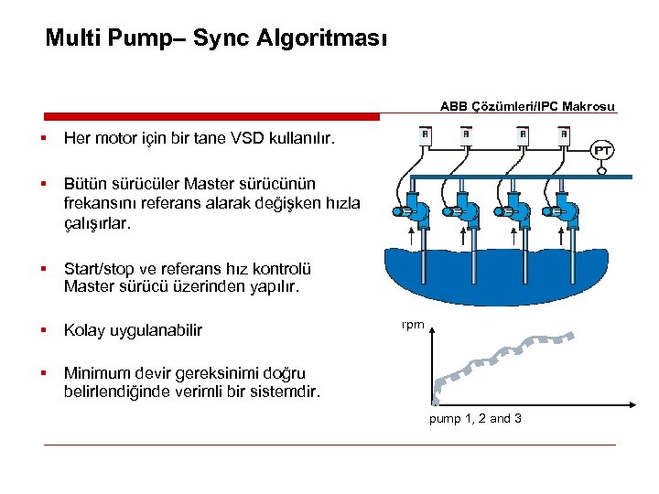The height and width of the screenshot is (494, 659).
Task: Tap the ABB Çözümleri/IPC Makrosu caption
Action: pyautogui.click(x=527, y=106)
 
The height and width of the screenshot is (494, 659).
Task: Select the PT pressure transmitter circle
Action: pyautogui.click(x=603, y=150)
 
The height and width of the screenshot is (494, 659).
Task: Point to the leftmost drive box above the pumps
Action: pyautogui.click(x=425, y=136)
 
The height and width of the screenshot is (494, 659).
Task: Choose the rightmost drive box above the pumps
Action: pyautogui.click(x=564, y=136)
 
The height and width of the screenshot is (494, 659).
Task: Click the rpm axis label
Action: pyautogui.click(x=412, y=324)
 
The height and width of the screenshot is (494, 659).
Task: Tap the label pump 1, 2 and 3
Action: pyautogui.click(x=476, y=418)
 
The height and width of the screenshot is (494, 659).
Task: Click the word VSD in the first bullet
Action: pyautogui.click(x=241, y=140)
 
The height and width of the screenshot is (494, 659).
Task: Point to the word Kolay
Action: pyautogui.click(x=83, y=329)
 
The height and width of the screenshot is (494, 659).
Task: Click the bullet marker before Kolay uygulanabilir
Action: pyautogui.click(x=43, y=329)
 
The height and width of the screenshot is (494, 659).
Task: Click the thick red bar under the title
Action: pyautogui.click(x=211, y=116)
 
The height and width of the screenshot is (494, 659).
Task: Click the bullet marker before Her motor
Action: pyautogui.click(x=43, y=140)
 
